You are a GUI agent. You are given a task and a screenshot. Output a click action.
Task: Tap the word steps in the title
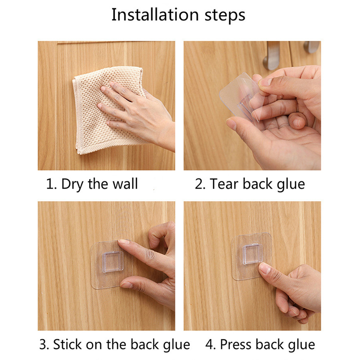[x=225, y=16]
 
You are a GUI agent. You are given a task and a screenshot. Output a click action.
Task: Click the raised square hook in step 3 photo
[x=113, y=262]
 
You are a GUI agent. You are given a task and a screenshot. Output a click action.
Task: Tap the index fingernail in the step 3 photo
[x=123, y=242]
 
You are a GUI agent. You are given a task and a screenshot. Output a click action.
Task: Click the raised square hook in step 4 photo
[x=252, y=254]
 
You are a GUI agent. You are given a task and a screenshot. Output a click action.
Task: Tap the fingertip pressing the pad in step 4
[x=264, y=268]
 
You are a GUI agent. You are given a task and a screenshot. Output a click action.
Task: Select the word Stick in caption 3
[x=67, y=344]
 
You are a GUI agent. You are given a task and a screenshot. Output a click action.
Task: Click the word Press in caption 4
[x=236, y=344]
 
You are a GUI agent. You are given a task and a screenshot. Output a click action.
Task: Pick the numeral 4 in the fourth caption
[x=210, y=345]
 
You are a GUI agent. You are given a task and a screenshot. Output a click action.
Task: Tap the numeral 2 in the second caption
[x=198, y=184]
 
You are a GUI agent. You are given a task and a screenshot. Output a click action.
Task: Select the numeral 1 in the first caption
[x=49, y=184]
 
